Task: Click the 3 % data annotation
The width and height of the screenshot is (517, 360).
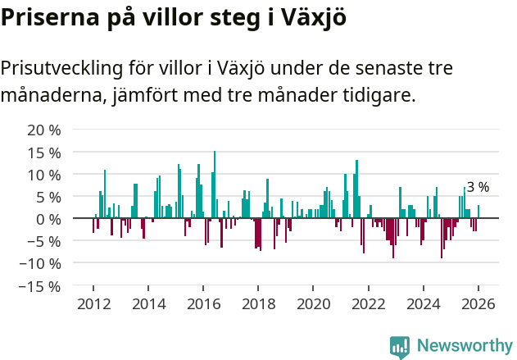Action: tap(478, 187)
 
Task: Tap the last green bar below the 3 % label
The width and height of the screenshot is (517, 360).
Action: tap(478, 212)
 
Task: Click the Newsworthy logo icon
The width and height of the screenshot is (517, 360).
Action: tap(400, 346)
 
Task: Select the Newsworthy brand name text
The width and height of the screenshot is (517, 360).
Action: tap(464, 346)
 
